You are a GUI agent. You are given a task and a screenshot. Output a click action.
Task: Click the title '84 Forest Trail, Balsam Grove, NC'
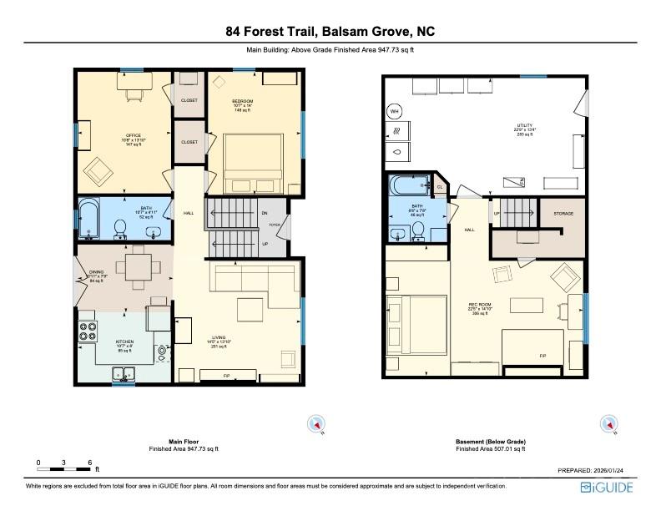[x=330, y=32]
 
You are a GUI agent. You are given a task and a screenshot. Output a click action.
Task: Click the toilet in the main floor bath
[x=119, y=227]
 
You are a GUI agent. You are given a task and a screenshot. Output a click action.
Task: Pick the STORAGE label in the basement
[x=563, y=215]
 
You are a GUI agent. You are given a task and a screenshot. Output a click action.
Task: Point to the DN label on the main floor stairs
[x=264, y=214]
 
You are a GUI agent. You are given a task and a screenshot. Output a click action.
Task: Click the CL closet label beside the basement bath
[x=439, y=187]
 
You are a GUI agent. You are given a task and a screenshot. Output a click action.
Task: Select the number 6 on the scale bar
[x=89, y=462]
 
